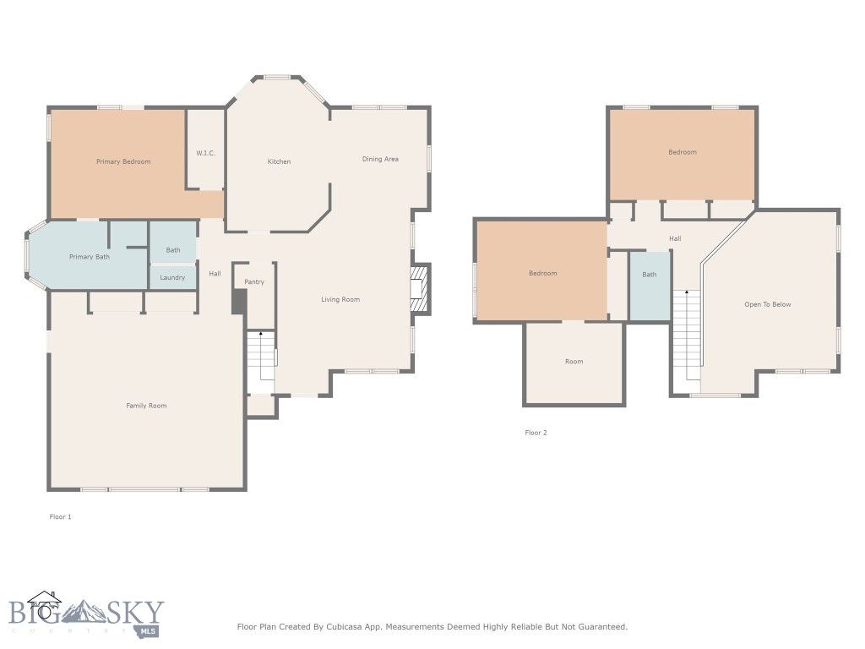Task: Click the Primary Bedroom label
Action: click(x=123, y=161)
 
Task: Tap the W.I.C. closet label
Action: click(x=205, y=153)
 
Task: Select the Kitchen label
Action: click(x=279, y=161)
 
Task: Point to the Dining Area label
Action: click(x=380, y=159)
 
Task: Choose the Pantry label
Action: click(x=254, y=281)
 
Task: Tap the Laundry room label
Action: click(x=172, y=277)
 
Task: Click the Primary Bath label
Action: click(x=90, y=257)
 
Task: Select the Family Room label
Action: click(x=146, y=406)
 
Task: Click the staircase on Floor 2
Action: click(x=688, y=334)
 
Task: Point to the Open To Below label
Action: click(x=767, y=304)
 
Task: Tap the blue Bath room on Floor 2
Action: click(x=649, y=286)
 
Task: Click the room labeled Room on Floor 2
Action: click(x=574, y=362)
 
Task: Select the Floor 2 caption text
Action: click(x=536, y=433)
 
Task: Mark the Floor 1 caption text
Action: click(x=60, y=516)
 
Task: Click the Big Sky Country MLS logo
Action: click(x=84, y=614)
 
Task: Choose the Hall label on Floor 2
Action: click(x=675, y=238)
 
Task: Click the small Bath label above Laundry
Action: click(x=172, y=250)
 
